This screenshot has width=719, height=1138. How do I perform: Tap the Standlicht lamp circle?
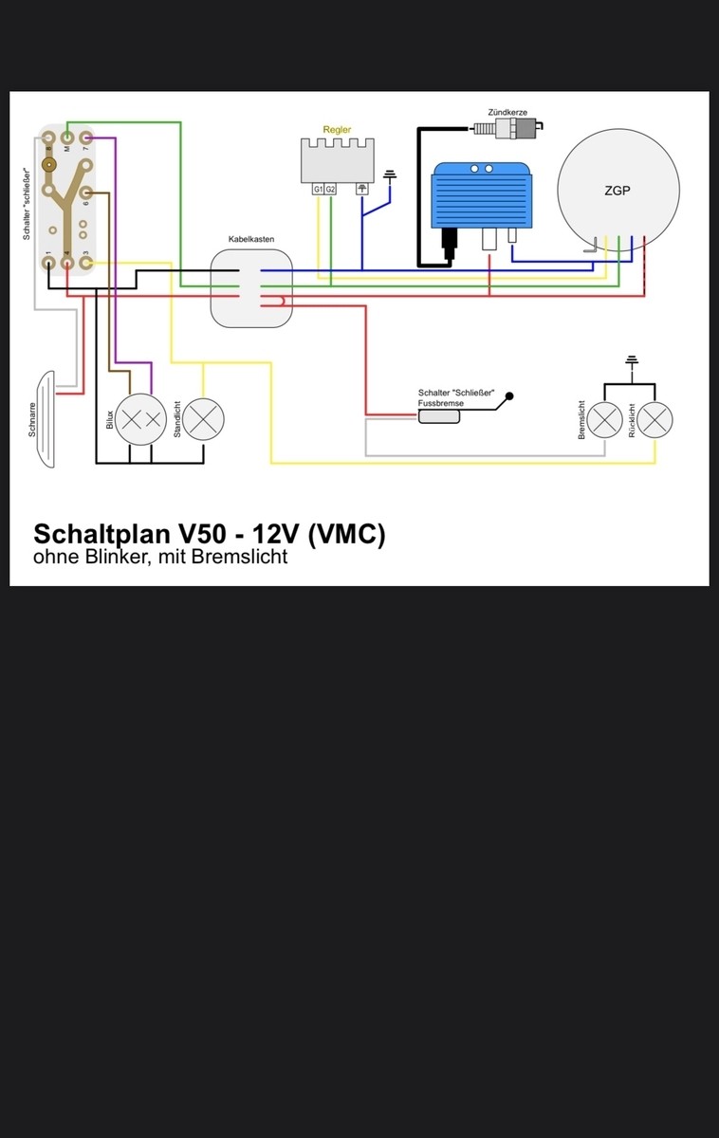point(203,417)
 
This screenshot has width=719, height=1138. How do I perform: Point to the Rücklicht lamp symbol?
point(654,418)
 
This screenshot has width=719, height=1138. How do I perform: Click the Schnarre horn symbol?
point(46,419)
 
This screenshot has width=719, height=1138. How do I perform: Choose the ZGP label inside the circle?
point(617,191)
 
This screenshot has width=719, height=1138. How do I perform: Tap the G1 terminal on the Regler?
point(319,190)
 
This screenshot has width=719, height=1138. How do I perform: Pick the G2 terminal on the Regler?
point(331,190)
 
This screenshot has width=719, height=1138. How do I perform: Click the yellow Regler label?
point(337,129)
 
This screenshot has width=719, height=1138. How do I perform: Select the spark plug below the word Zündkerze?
point(507,126)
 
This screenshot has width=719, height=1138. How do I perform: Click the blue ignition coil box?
point(481,195)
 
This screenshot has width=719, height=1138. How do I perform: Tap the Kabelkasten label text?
point(251,240)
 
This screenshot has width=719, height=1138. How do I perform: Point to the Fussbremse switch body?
point(438,413)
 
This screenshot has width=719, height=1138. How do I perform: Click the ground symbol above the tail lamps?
point(632,361)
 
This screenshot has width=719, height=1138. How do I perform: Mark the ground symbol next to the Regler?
point(390,174)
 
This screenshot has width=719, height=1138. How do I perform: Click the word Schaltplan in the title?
point(103,535)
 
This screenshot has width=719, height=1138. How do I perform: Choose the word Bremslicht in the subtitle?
point(239,557)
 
